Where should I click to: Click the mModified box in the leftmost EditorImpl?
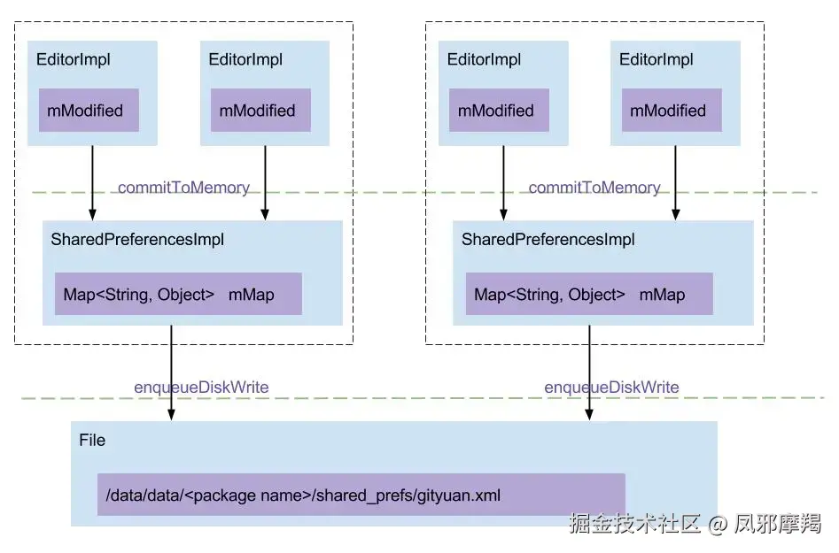tap(88, 111)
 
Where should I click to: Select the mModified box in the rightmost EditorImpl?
tap(671, 111)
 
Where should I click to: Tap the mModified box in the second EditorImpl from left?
tap(260, 111)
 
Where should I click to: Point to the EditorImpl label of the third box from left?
tap(484, 60)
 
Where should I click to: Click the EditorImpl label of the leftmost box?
tap(74, 60)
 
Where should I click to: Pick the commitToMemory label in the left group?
tap(183, 188)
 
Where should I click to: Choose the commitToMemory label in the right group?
tap(594, 188)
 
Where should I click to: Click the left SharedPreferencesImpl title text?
tap(137, 240)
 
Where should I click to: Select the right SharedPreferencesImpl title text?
tap(548, 240)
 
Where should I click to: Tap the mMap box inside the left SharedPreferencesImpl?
tap(178, 295)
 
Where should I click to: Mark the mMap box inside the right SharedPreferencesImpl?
tap(589, 295)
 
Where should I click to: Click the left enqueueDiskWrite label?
tap(201, 388)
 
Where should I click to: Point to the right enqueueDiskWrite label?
tap(611, 388)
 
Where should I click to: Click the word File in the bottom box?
tap(92, 441)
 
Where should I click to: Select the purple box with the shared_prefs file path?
tap(361, 495)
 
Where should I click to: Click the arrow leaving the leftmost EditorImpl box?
tap(92, 182)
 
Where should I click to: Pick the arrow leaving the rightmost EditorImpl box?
tap(675, 182)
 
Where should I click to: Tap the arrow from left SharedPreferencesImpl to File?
tap(171, 372)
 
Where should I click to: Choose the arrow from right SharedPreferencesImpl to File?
tap(589, 372)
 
